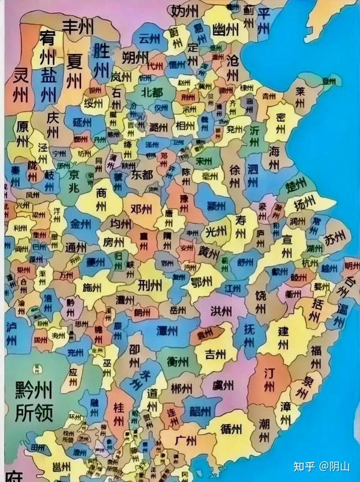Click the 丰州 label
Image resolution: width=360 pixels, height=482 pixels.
79,26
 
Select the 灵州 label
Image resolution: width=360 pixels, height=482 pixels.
21,84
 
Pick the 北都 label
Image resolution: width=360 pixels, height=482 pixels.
152,92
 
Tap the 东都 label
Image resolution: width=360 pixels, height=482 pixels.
142,175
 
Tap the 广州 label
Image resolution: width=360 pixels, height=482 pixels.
186,441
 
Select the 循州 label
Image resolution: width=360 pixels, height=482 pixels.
231,429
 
